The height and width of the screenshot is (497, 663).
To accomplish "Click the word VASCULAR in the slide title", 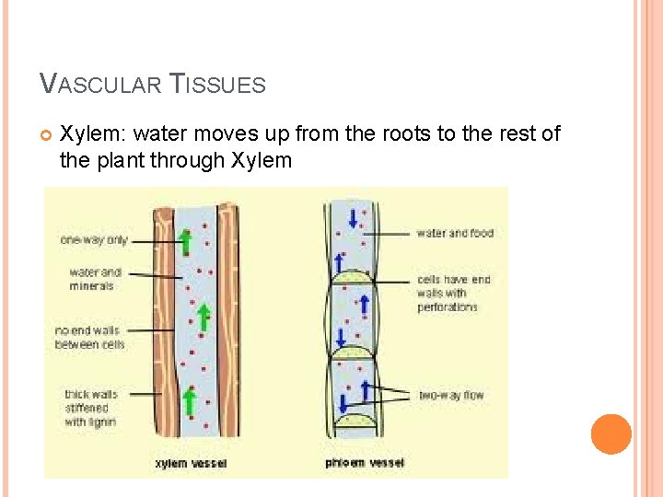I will [x=102, y=86].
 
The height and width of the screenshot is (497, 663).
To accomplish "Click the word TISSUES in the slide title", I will [x=219, y=86].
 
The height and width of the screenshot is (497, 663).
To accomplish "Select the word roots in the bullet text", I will [x=404, y=134].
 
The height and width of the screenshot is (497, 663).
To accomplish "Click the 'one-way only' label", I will [x=93, y=240].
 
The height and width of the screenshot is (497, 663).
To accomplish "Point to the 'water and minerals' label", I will [x=95, y=279].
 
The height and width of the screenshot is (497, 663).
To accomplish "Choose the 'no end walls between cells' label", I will [x=89, y=337].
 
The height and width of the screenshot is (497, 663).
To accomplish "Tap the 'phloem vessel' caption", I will [x=365, y=463].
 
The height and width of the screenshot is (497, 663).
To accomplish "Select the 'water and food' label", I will [x=455, y=234].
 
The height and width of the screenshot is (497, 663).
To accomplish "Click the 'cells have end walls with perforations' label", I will [x=454, y=293].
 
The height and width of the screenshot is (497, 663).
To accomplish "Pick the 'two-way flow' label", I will [x=451, y=396].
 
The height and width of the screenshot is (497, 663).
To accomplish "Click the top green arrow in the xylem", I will [x=185, y=241].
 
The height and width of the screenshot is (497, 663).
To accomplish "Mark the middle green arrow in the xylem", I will [x=204, y=314].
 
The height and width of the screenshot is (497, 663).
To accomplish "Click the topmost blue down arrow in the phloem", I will [x=353, y=219].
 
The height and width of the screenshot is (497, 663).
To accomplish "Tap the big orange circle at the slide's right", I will [x=611, y=433].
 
